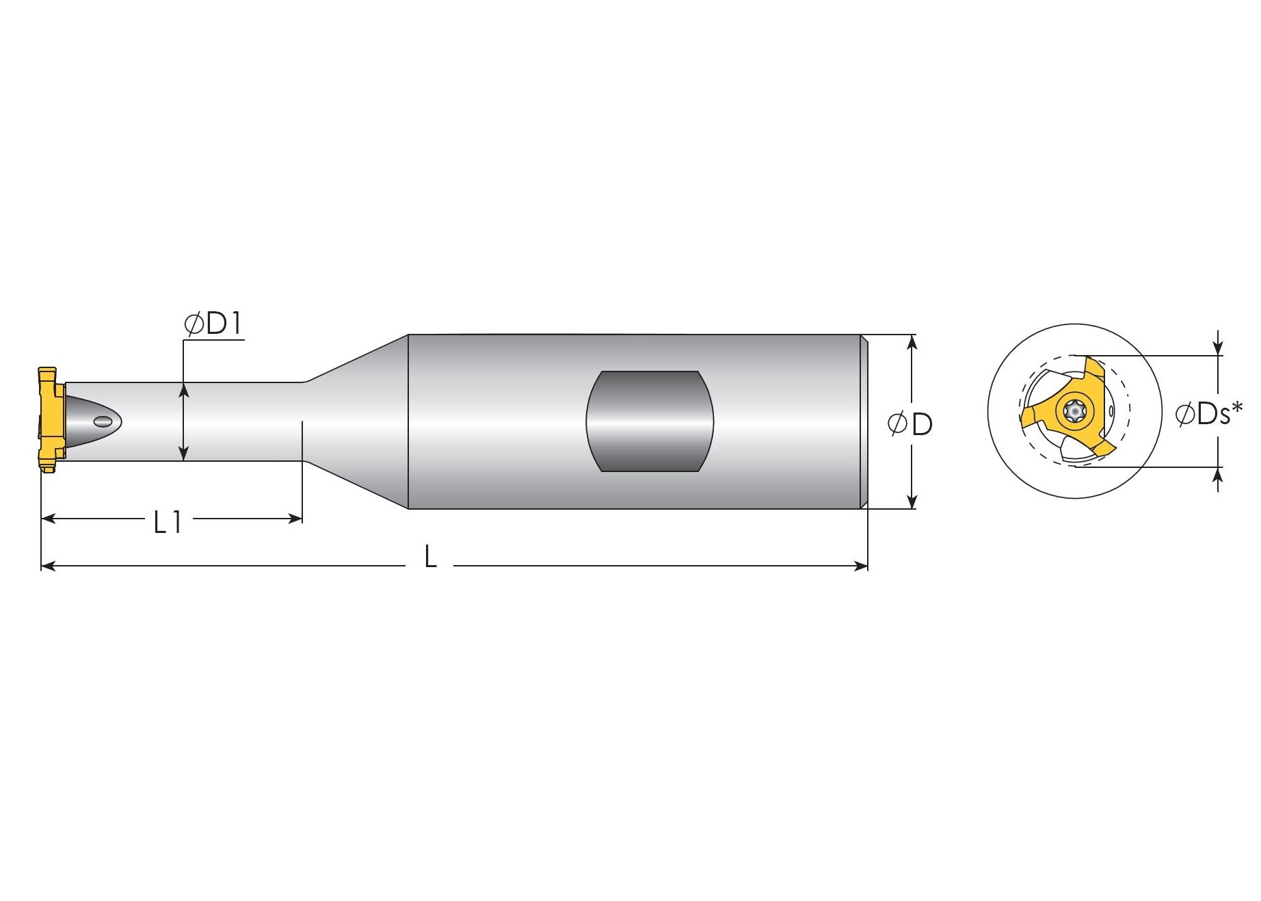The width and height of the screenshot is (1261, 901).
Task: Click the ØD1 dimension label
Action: pos(213,324)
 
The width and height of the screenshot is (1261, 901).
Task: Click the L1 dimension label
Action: pos(168,523)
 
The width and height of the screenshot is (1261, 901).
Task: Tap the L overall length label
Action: pos(430,557)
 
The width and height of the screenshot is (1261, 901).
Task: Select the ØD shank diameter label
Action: pos(910,424)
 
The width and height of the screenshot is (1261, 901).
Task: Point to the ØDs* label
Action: pos(1208,413)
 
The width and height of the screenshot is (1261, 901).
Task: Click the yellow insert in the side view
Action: pos(49,419)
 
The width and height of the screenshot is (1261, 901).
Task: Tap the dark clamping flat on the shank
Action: pos(650,421)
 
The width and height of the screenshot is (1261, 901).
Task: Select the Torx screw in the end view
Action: pos(1074,411)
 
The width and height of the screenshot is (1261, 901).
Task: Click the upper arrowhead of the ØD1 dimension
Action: pos(183,389)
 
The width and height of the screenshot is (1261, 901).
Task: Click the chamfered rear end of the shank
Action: pos(864,421)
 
